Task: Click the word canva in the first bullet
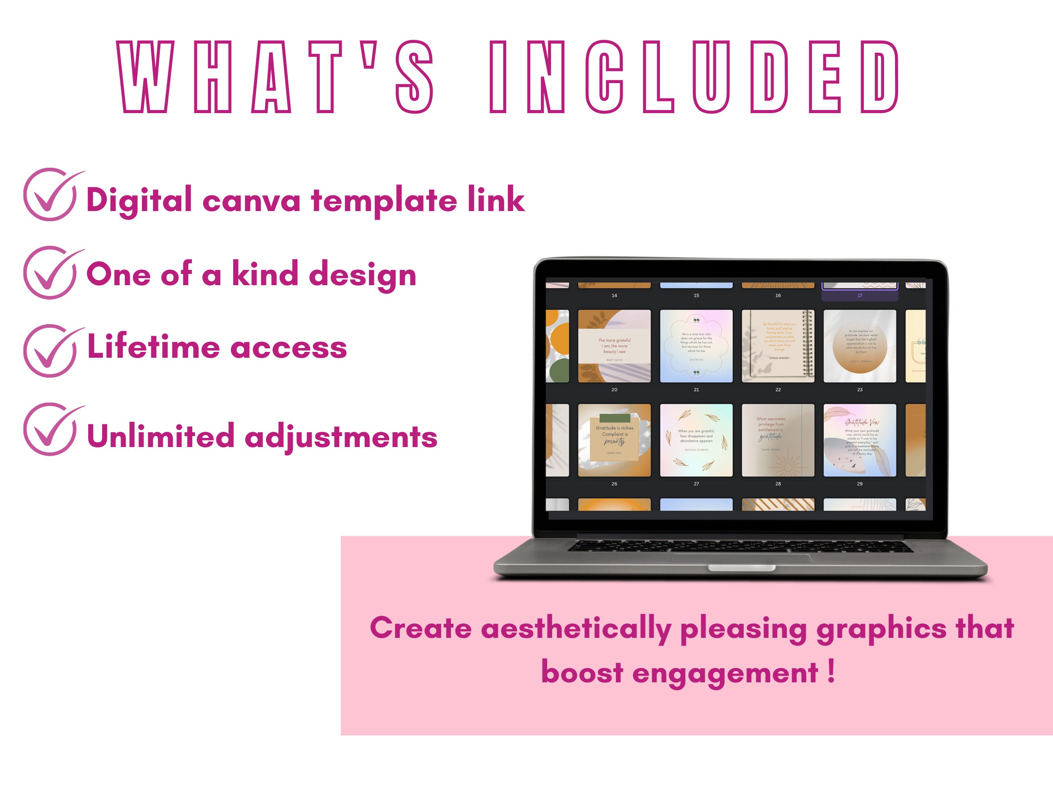tap(251, 201)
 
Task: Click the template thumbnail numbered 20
tap(614, 346)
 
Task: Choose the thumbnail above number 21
tap(696, 346)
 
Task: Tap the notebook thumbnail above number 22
tap(778, 346)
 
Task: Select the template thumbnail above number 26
tap(614, 440)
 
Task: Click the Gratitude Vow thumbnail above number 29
tap(860, 440)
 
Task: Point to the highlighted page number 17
tap(860, 296)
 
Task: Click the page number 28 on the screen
tap(778, 484)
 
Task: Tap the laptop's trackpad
tap(741, 559)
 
